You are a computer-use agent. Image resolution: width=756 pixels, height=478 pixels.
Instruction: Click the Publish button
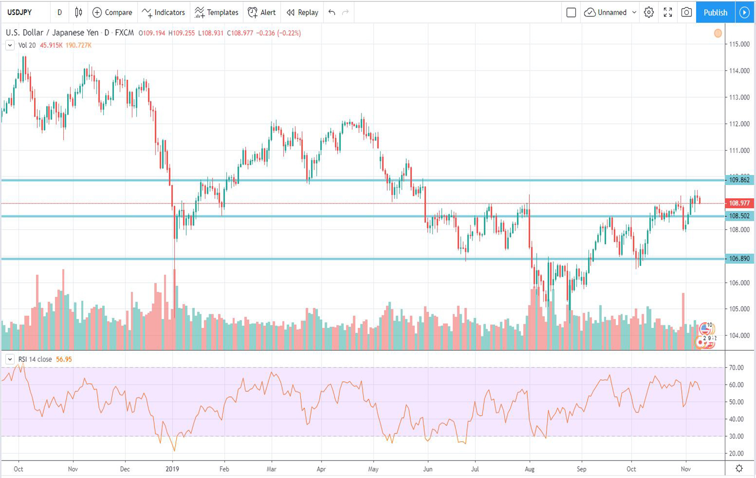coord(715,13)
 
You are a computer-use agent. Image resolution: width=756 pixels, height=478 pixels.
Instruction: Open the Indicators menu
coord(163,13)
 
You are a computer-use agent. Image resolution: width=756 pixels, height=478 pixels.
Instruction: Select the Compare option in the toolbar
coord(112,13)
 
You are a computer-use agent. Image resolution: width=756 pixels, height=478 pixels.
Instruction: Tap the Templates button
coord(216,13)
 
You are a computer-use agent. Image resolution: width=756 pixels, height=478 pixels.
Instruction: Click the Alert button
coord(262,13)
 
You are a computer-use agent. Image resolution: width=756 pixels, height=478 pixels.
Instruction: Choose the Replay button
coord(302,13)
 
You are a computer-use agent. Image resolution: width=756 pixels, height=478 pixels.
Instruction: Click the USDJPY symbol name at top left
coord(19,13)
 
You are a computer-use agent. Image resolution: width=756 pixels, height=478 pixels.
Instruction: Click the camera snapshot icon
coord(686,13)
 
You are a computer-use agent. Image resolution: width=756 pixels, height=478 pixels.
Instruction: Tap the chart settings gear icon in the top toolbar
coord(648,13)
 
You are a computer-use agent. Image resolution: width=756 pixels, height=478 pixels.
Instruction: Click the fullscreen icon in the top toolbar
coord(668,13)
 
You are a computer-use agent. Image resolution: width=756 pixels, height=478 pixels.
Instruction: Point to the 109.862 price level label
coord(739,180)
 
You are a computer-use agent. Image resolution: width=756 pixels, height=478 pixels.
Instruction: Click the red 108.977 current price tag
coord(739,203)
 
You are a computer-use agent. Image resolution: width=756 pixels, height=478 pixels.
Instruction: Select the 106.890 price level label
coord(739,259)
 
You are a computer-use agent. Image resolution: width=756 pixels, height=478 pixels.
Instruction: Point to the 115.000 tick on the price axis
coord(739,44)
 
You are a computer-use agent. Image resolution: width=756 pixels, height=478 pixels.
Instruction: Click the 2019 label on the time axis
coord(172,469)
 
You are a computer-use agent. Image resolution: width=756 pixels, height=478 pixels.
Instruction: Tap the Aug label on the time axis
coord(529,469)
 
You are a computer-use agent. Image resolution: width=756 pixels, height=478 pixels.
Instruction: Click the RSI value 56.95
coord(64,359)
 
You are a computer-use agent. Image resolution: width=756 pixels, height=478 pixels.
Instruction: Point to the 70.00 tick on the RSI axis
coord(737,368)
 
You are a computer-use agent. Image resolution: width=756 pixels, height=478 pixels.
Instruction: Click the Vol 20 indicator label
coord(27,45)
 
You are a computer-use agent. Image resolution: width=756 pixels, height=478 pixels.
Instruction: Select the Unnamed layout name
coord(612,13)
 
